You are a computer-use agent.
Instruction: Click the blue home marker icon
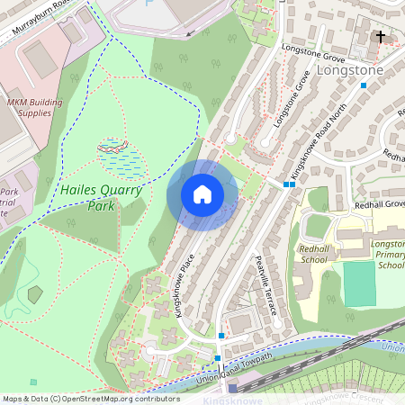202,194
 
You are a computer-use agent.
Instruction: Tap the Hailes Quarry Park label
89,197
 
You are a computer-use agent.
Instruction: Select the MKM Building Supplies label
35,108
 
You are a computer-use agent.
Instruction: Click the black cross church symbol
381,38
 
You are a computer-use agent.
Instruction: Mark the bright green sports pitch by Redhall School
360,284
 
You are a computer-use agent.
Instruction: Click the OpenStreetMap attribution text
90,398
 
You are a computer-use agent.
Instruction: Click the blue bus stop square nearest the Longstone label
364,85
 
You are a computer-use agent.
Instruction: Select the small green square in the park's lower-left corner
33,382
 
